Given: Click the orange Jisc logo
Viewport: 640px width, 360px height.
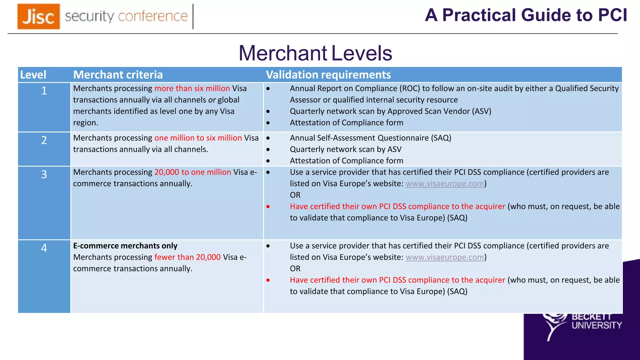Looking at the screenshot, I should (x=38, y=16).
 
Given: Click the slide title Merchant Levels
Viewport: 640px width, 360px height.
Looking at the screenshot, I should (x=315, y=53).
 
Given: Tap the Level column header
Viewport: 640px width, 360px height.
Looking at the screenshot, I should (x=33, y=75).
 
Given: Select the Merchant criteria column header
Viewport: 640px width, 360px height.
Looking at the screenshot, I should (x=118, y=75).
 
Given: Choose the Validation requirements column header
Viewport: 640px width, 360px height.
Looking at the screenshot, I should (x=328, y=75).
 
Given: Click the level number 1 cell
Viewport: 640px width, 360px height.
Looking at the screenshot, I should (x=44, y=91).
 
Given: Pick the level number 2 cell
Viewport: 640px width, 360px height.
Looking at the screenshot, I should (x=44, y=140).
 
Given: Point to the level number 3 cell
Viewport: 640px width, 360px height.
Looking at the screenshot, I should (x=44, y=174).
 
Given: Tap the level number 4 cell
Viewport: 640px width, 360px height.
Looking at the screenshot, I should (x=44, y=248).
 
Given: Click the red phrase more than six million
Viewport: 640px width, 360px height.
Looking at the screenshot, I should (x=192, y=88).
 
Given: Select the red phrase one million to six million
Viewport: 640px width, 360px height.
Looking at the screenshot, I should (x=198, y=138).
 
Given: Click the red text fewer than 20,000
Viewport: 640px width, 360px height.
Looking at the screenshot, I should (x=187, y=257).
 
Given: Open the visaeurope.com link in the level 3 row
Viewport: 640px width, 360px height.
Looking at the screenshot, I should (x=445, y=184).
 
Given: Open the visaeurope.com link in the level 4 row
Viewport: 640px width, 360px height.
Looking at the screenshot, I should (x=445, y=257).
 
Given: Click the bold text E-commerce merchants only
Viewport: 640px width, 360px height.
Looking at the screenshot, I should (x=125, y=246).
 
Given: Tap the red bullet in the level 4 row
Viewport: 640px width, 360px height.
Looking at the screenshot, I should (x=268, y=280).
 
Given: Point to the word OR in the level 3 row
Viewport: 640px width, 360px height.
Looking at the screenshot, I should (x=295, y=195).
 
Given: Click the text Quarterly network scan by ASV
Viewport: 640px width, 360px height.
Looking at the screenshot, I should (x=346, y=149).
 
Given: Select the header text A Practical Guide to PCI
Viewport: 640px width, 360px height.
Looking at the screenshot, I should (x=526, y=15).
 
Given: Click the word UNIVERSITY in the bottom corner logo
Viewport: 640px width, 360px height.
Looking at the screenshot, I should (x=597, y=326).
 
